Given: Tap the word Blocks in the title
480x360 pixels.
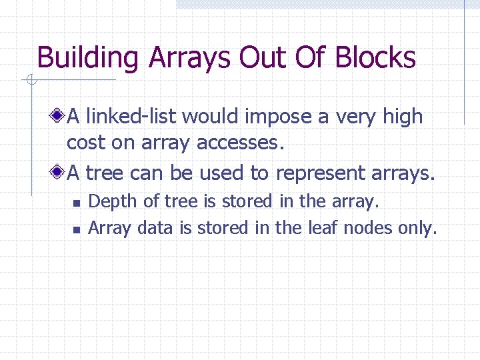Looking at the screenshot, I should (375, 58).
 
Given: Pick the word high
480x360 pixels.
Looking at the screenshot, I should (403, 117).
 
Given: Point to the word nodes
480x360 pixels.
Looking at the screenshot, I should (365, 229).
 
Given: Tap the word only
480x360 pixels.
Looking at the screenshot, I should (417, 229).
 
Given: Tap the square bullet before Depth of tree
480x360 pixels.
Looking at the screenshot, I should (76, 202).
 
